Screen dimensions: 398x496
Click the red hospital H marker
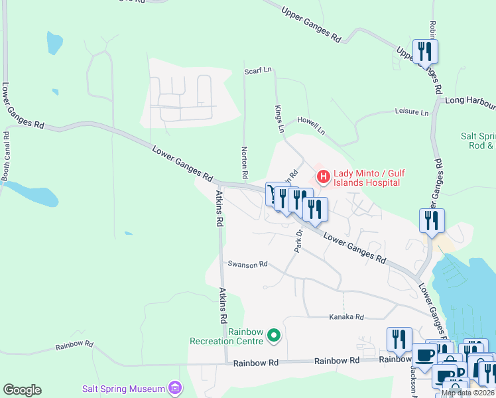pyautogui.click(x=324, y=176)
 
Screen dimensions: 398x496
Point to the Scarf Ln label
pyautogui.click(x=258, y=70)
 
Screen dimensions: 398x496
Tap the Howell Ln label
pyautogui.click(x=311, y=128)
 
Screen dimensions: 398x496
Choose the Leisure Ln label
pyautogui.click(x=411, y=112)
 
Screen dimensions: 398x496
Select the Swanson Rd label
pyautogui.click(x=247, y=264)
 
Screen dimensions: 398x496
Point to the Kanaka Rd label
pyautogui.click(x=347, y=318)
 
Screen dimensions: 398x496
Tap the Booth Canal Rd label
pyautogui.click(x=5, y=156)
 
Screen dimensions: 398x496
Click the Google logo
pyautogui.click(x=22, y=390)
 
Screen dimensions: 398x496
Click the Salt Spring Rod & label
pyautogui.click(x=478, y=141)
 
